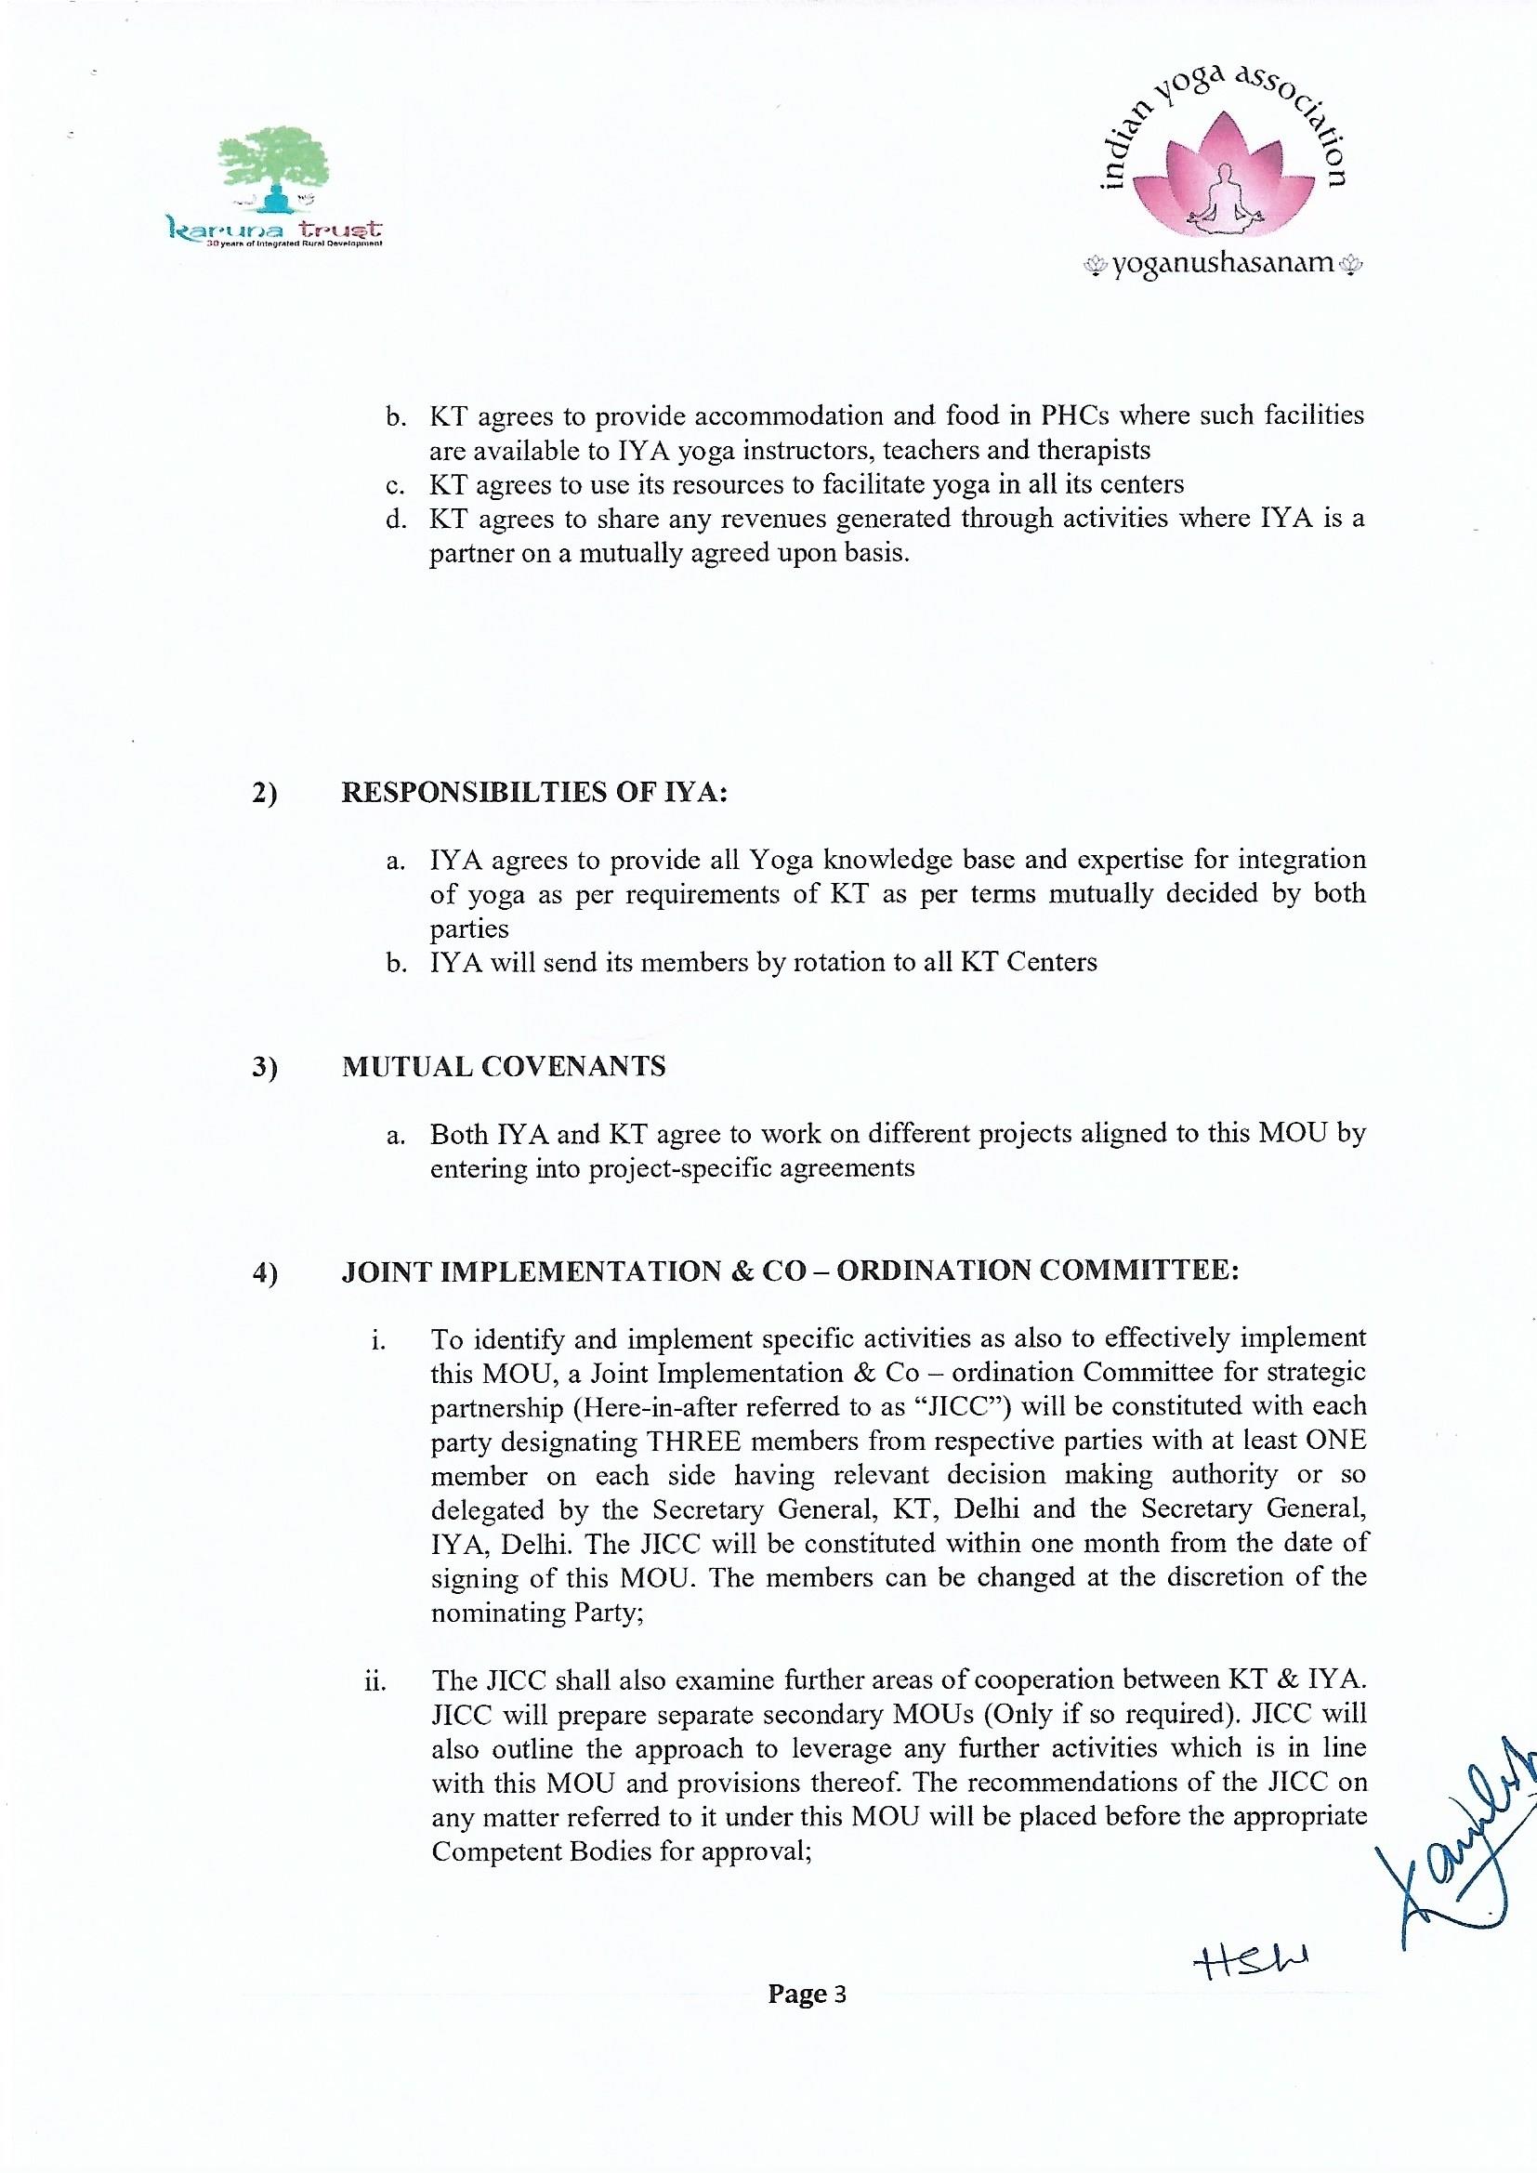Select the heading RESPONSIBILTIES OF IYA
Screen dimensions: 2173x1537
coord(533,792)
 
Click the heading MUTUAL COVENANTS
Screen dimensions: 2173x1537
coord(504,1067)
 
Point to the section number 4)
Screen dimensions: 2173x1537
coord(265,1273)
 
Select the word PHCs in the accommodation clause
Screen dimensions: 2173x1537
coord(1078,415)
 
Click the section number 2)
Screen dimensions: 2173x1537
coord(265,793)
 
